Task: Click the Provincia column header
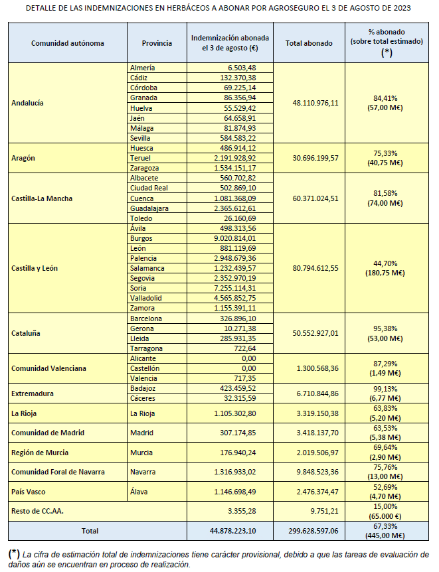[157, 43]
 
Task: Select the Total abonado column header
[309, 43]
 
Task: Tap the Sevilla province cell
[143, 137]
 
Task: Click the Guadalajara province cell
[150, 208]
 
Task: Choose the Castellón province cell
[146, 368]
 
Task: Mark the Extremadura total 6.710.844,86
[315, 393]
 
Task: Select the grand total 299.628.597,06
[311, 531]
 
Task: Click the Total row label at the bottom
[88, 531]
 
